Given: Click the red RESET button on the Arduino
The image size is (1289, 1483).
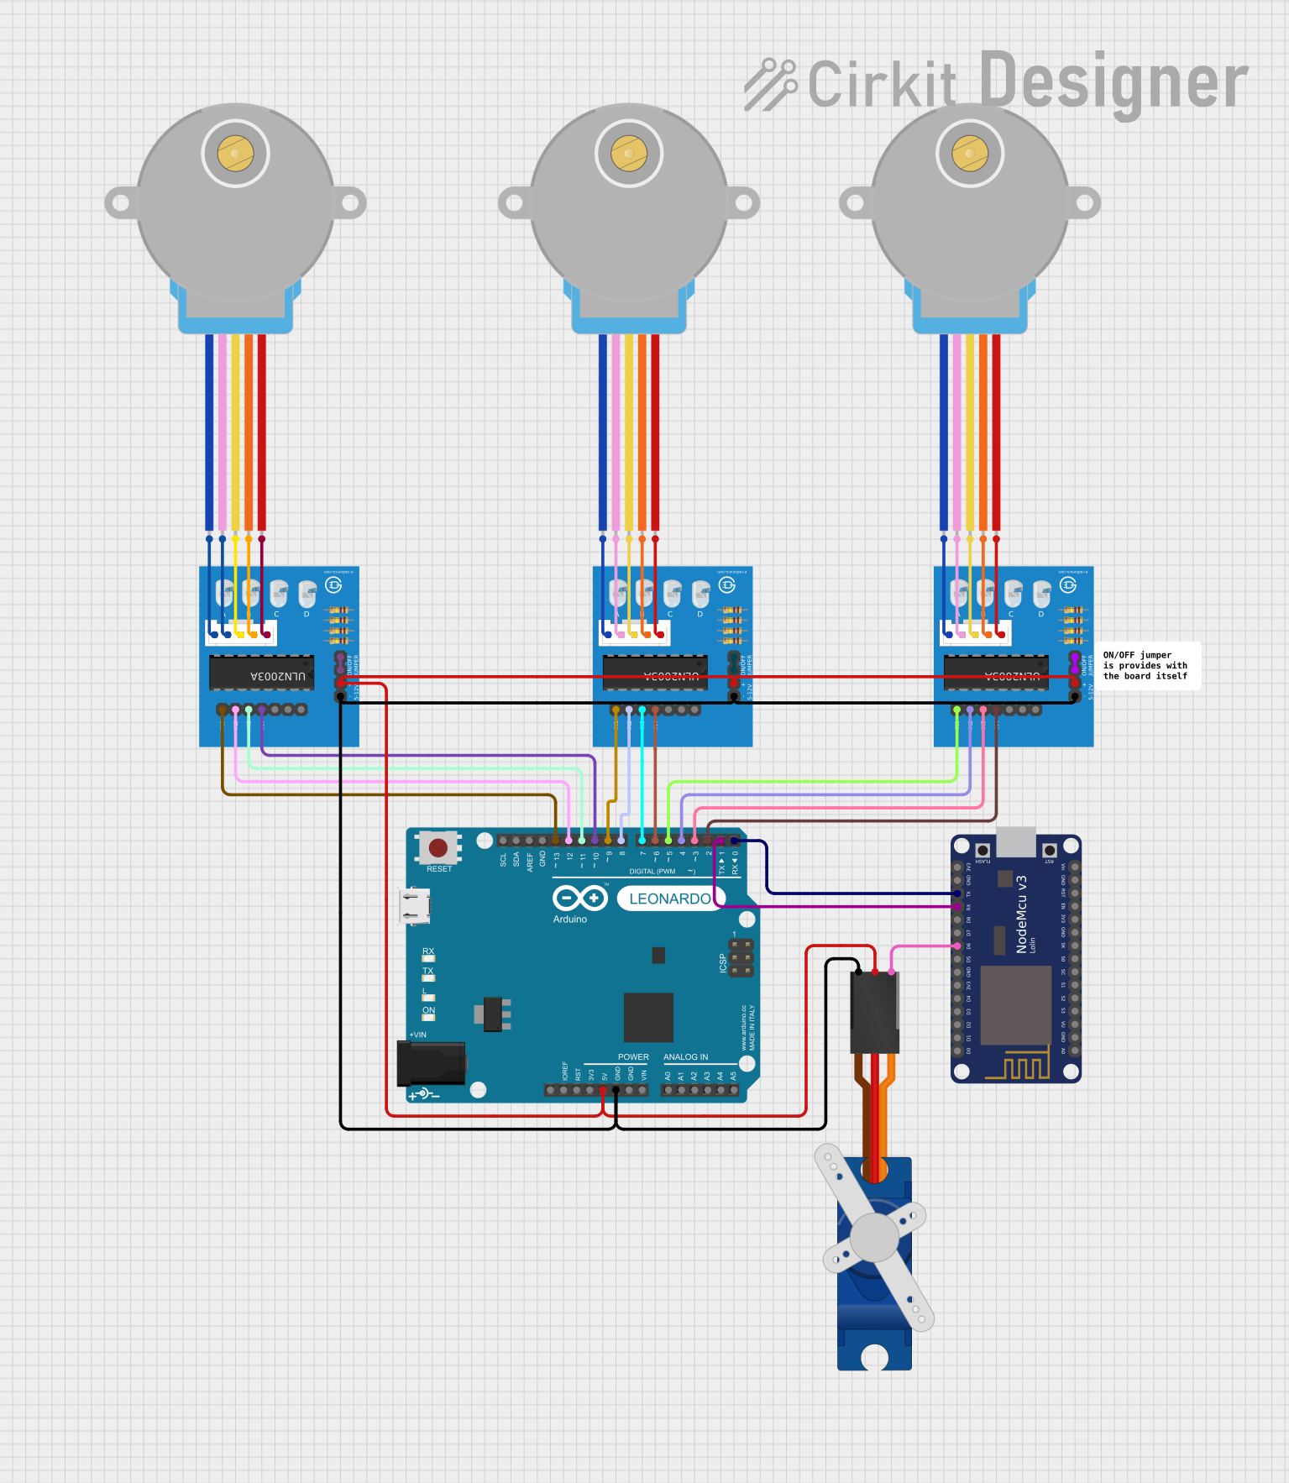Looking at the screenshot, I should [438, 847].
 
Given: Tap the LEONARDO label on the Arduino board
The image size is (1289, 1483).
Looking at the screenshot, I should [670, 899].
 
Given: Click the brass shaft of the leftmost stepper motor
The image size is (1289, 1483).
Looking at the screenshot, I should [235, 154].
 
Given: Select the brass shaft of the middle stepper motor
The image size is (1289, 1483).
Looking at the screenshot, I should [629, 154].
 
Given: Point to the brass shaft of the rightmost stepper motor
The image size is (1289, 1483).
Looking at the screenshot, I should [970, 154].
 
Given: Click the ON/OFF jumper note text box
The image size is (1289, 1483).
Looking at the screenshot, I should [1146, 666].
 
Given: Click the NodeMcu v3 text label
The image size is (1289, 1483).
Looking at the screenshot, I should [1022, 914].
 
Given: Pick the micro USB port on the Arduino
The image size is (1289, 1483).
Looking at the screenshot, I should [415, 907].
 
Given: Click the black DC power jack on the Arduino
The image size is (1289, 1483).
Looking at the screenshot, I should [431, 1063].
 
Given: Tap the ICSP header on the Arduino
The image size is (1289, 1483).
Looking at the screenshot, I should [741, 958].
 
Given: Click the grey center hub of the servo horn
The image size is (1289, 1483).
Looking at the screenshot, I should [874, 1238].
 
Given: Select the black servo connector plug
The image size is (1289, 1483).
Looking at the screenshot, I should [874, 1012].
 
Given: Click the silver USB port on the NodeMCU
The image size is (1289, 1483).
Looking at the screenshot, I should [1015, 841].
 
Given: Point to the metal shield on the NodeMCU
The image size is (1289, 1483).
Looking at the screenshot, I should [1016, 1004].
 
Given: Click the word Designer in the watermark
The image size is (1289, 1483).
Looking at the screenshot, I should [1113, 81].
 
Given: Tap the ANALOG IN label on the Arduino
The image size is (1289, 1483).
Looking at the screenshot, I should [685, 1057].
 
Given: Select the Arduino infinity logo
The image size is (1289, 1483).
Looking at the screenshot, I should [579, 899].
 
